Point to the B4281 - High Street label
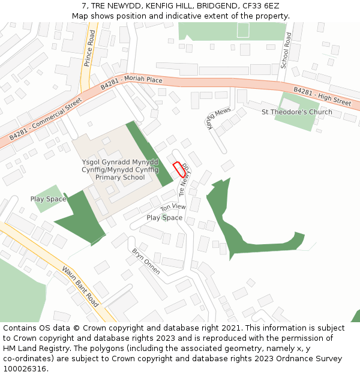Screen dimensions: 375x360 click(x=322, y=96)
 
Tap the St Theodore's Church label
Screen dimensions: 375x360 click(x=296, y=112)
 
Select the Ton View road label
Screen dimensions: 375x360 click(x=173, y=207)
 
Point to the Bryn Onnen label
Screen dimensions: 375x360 click(x=146, y=261)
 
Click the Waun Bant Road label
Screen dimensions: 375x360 click(x=80, y=287)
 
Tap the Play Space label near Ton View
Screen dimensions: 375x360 click(x=164, y=218)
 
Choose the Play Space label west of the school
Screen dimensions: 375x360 click(x=48, y=199)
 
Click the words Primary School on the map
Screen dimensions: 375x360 click(x=120, y=177)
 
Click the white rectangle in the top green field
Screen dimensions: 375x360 click(x=243, y=31)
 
